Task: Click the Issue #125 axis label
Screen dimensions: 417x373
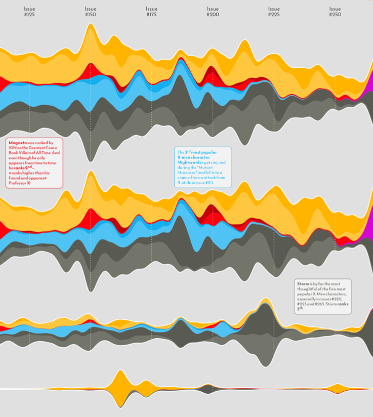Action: coord(29,12)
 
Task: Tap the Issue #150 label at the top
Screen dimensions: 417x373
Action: coord(91,12)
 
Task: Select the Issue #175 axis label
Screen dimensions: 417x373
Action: coord(152,12)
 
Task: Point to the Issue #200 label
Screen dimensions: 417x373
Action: coord(213,12)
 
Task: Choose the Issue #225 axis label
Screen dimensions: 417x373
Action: coord(274,12)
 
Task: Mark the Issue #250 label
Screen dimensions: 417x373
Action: coord(335,12)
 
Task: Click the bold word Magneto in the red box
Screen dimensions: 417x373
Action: coord(17,143)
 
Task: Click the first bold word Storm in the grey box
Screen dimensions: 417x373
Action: coord(303,284)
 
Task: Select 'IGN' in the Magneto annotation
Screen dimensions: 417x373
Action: coord(13,148)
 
